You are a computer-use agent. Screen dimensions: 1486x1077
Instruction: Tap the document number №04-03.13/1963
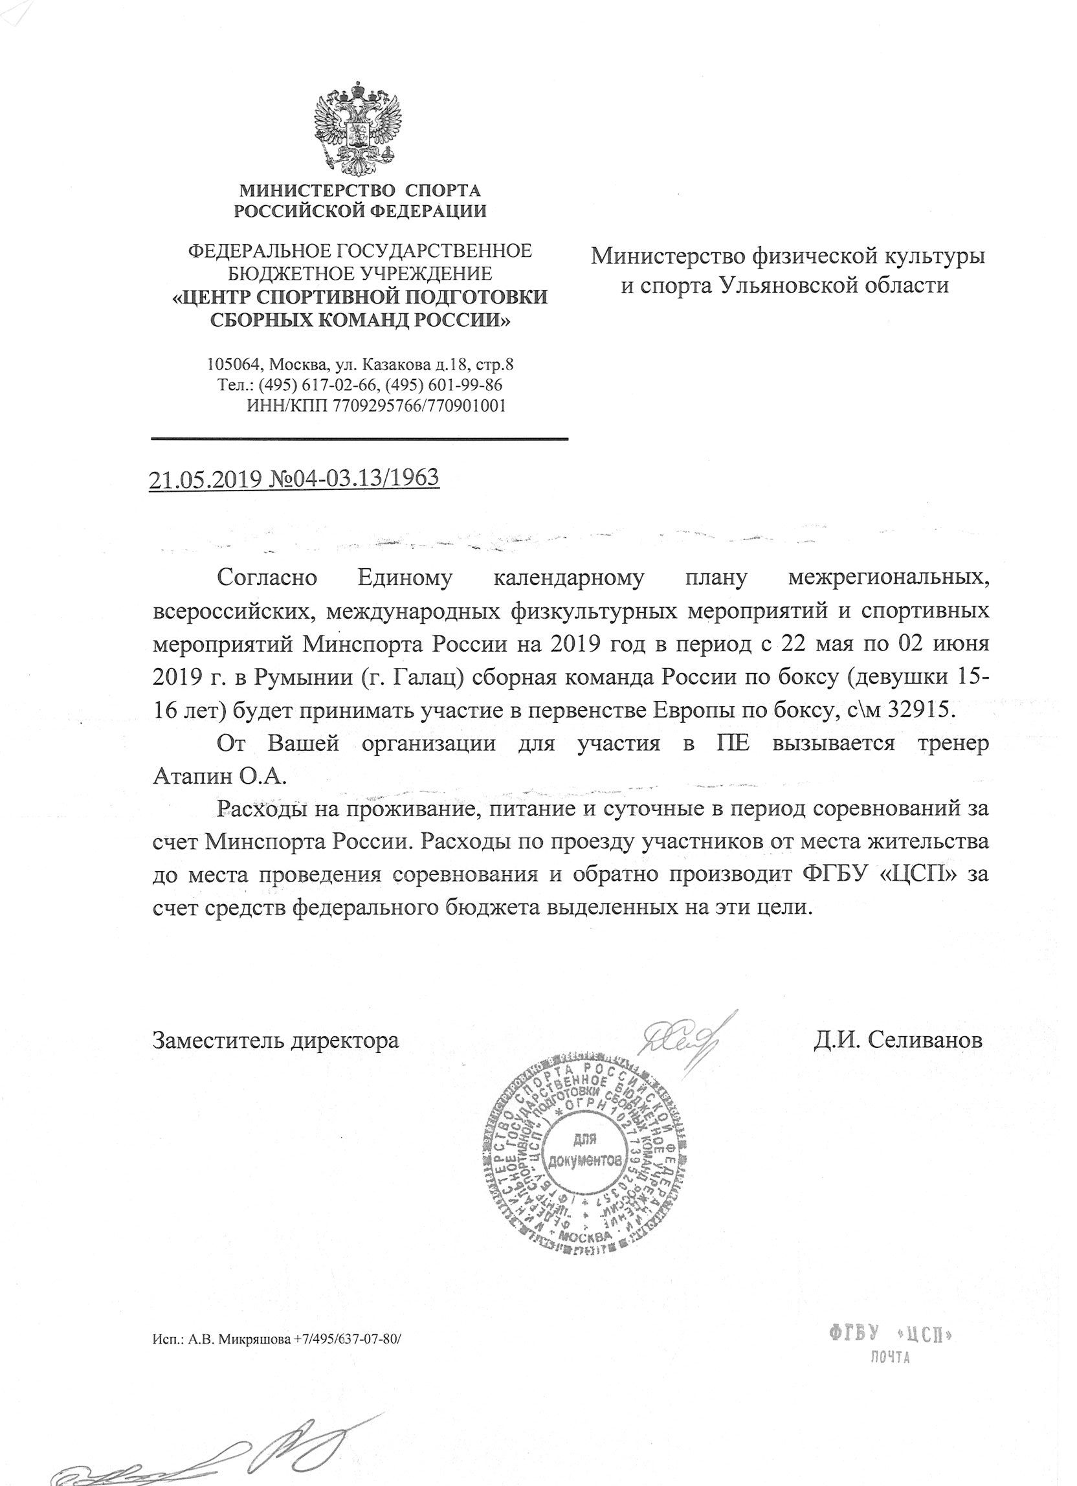[x=353, y=478]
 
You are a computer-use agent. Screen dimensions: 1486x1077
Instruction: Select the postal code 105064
[x=235, y=364]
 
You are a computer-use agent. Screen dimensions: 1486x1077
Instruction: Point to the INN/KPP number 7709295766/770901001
[x=419, y=406]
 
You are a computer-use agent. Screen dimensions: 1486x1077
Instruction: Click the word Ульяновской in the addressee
[x=817, y=285]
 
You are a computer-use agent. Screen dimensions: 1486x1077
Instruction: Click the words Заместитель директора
[x=275, y=1041]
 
